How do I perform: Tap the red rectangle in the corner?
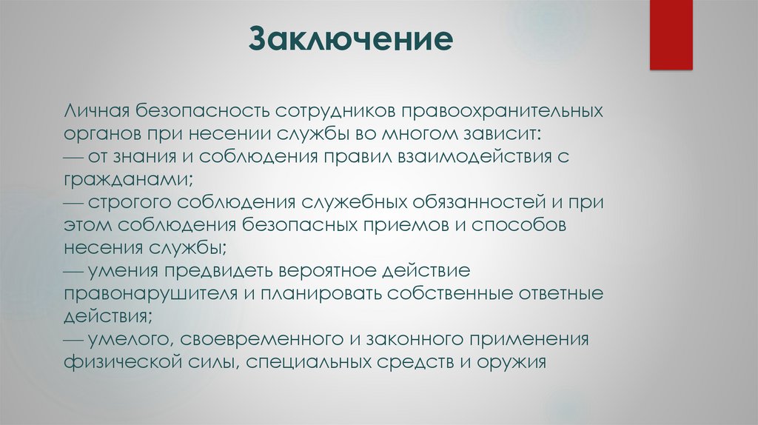pos(671,34)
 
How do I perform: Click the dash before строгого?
pos(73,202)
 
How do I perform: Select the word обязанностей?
pos(494,202)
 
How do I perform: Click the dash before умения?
pos(73,271)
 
